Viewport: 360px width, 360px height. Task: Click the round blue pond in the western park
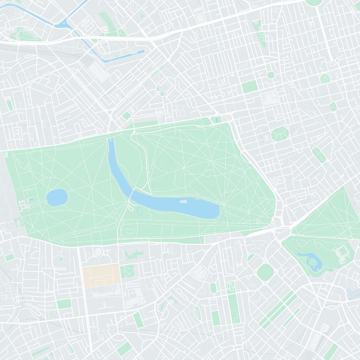coord(57,197)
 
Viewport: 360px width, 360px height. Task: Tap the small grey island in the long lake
coord(183,202)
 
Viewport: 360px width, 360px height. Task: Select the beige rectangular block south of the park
coord(101,276)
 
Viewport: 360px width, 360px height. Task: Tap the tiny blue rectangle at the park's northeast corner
coord(217,119)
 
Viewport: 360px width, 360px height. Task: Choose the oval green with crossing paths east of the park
coord(280,133)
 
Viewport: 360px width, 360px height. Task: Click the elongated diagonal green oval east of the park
coord(319,155)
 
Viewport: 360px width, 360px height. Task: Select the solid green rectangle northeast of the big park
coord(249,86)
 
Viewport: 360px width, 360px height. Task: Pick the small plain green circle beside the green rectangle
coord(270,75)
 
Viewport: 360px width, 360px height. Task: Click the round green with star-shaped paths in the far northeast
coord(325,78)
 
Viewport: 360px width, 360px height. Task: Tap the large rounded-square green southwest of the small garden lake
coord(265,271)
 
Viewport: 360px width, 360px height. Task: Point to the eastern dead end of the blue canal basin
coord(143,52)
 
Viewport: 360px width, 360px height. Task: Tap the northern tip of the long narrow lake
coord(110,141)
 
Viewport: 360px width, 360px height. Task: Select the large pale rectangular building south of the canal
coord(98,72)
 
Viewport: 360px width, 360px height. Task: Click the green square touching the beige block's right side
coord(127,271)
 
